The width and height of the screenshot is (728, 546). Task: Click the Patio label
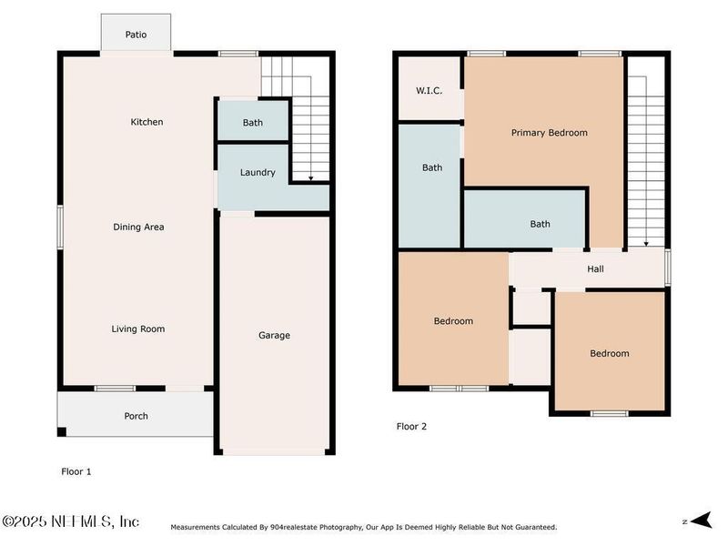tap(136, 35)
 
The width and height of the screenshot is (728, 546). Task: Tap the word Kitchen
tap(147, 122)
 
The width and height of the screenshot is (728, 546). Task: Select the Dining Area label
tap(138, 227)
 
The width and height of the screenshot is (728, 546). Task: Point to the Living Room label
tap(138, 329)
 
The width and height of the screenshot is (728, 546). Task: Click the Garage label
tap(274, 335)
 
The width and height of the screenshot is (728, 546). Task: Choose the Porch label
tap(136, 416)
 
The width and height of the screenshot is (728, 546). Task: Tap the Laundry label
tap(258, 173)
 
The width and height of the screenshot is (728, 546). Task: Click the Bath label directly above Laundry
tap(253, 123)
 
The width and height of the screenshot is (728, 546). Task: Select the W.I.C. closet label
tap(429, 90)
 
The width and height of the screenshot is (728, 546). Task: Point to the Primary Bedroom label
tap(549, 133)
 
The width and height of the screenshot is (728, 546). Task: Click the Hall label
tap(595, 268)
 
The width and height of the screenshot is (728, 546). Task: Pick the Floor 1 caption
tap(76, 471)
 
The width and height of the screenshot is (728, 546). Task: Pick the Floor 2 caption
tap(411, 426)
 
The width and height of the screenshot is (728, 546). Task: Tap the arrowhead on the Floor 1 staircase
tap(311, 178)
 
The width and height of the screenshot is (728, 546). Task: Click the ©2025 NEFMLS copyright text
tap(70, 521)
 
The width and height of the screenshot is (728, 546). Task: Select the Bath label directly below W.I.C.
tap(432, 167)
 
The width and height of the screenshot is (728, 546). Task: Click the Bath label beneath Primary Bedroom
tap(541, 224)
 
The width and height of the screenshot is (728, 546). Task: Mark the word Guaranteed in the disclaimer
tap(532, 527)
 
